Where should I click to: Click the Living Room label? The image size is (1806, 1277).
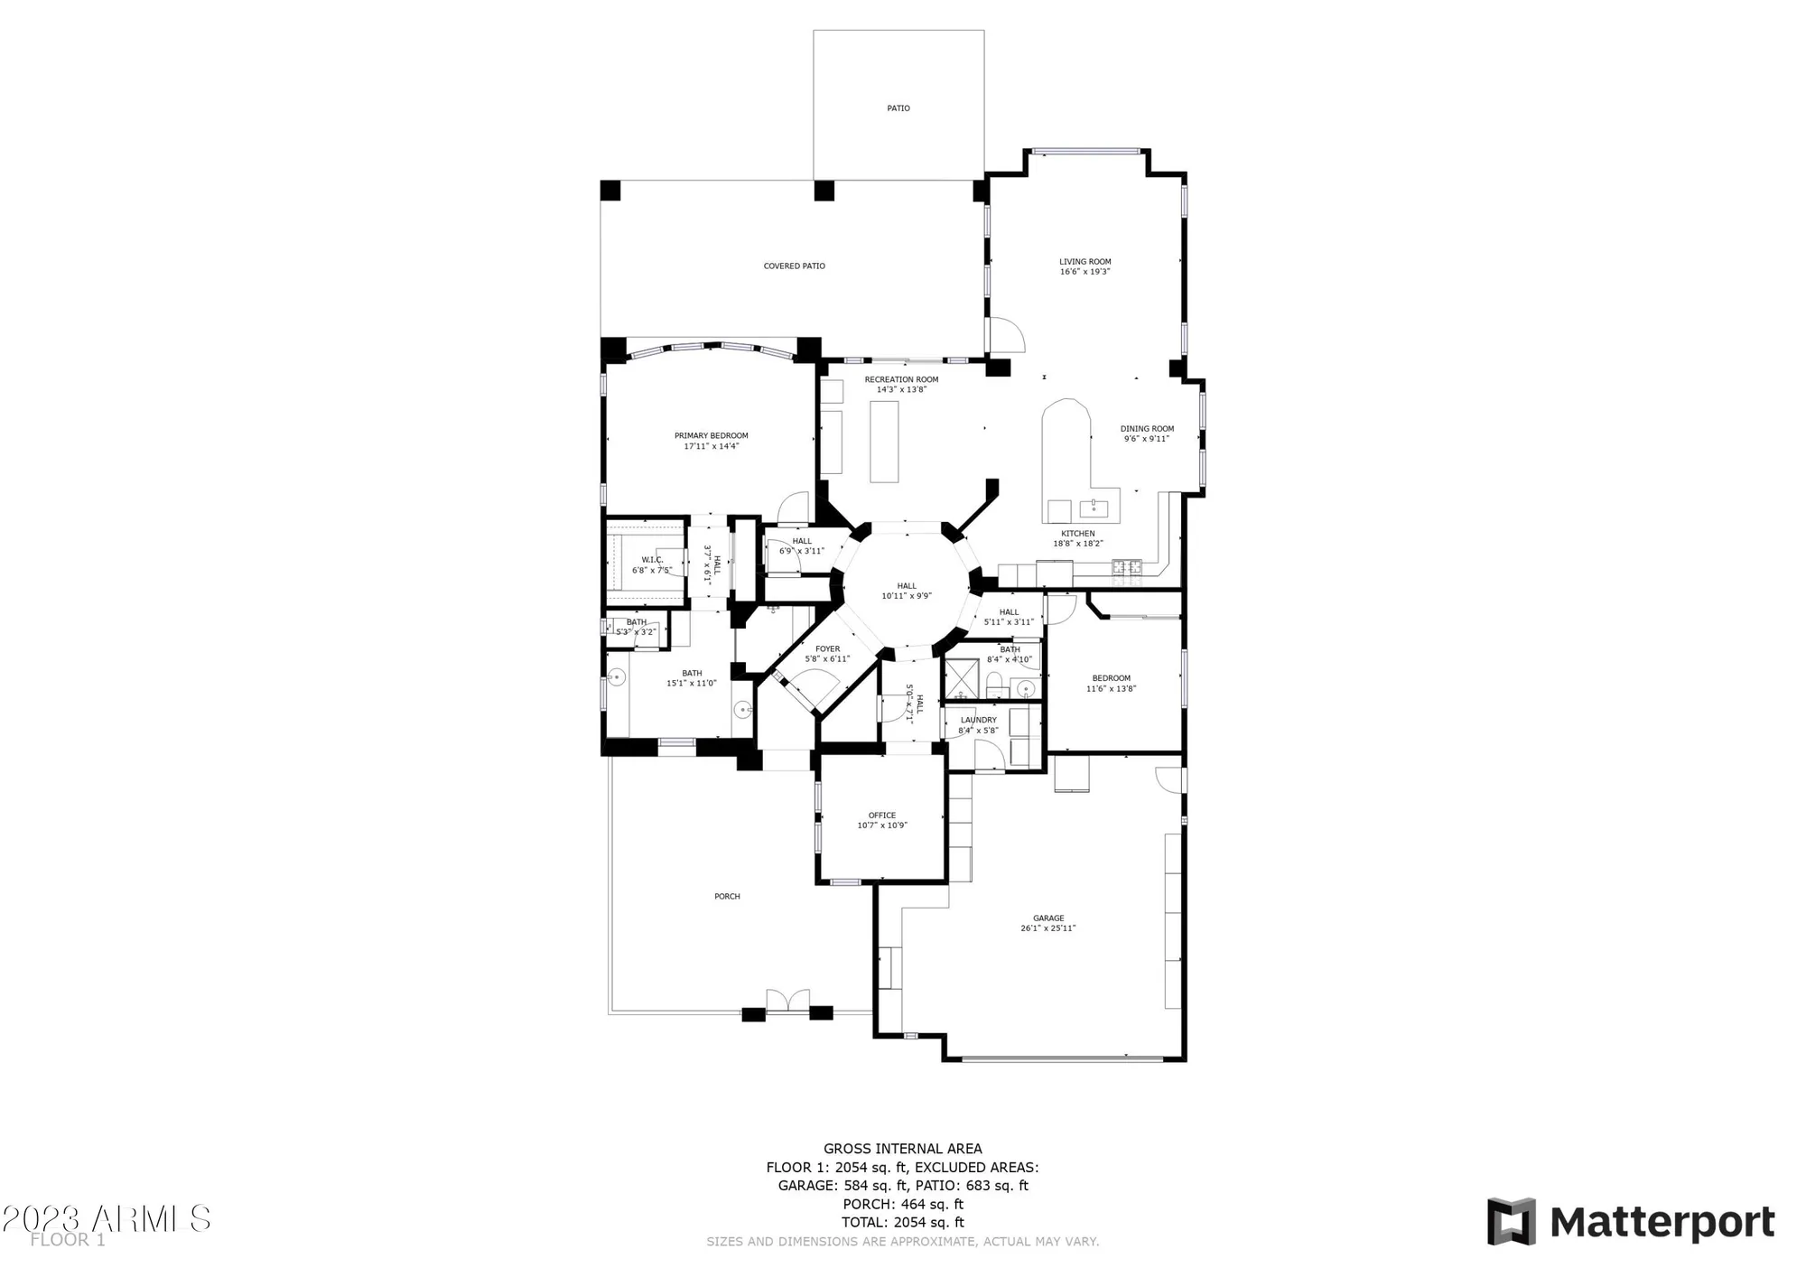[1085, 262]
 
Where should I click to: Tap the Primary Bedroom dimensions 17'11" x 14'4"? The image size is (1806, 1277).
[711, 446]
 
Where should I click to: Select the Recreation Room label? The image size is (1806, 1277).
[901, 379]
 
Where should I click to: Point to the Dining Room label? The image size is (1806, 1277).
[1147, 429]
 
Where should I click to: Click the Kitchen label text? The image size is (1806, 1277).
[1077, 534]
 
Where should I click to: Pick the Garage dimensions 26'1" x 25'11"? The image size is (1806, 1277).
[1048, 928]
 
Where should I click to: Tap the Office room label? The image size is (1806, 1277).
[881, 816]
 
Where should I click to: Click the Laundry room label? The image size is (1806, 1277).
[978, 721]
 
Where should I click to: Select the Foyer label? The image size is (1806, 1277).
[827, 649]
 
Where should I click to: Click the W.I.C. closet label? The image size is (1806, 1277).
[652, 560]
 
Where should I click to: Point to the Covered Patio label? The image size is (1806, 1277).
[794, 266]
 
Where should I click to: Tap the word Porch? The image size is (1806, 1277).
[727, 897]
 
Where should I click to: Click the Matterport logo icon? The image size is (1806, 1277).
[1512, 1222]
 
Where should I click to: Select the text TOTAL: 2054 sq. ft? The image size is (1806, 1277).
[902, 1222]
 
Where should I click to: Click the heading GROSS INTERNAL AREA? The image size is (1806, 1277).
[902, 1149]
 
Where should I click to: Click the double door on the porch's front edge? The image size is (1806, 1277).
[787, 1001]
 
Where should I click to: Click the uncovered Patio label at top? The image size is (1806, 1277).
[898, 108]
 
